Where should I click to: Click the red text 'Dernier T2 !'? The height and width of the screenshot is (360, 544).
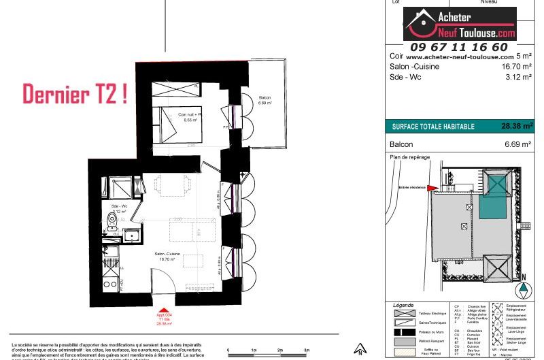click(x=75, y=94)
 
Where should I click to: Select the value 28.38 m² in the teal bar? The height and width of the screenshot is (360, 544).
click(x=517, y=126)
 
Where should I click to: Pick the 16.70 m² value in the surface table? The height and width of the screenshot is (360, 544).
click(x=515, y=67)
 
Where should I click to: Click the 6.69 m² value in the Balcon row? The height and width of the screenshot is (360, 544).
click(x=517, y=144)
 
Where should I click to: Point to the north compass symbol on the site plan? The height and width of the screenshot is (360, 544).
click(x=523, y=288)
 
